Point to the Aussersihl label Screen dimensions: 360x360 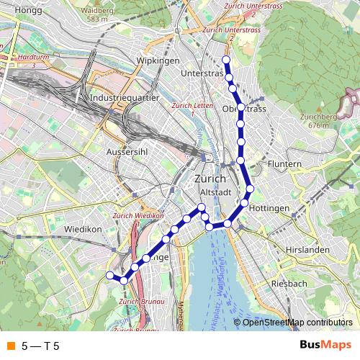click(127, 153)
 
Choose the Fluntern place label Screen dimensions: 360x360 click(285, 164)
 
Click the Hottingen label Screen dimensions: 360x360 click(271, 208)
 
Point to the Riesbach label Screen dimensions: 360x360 click(289, 284)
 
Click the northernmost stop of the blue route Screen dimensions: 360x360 click(226, 60)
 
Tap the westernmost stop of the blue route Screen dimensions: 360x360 click(110, 276)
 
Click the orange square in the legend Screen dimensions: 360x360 click(10, 345)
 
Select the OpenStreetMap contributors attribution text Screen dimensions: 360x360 click(297, 323)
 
